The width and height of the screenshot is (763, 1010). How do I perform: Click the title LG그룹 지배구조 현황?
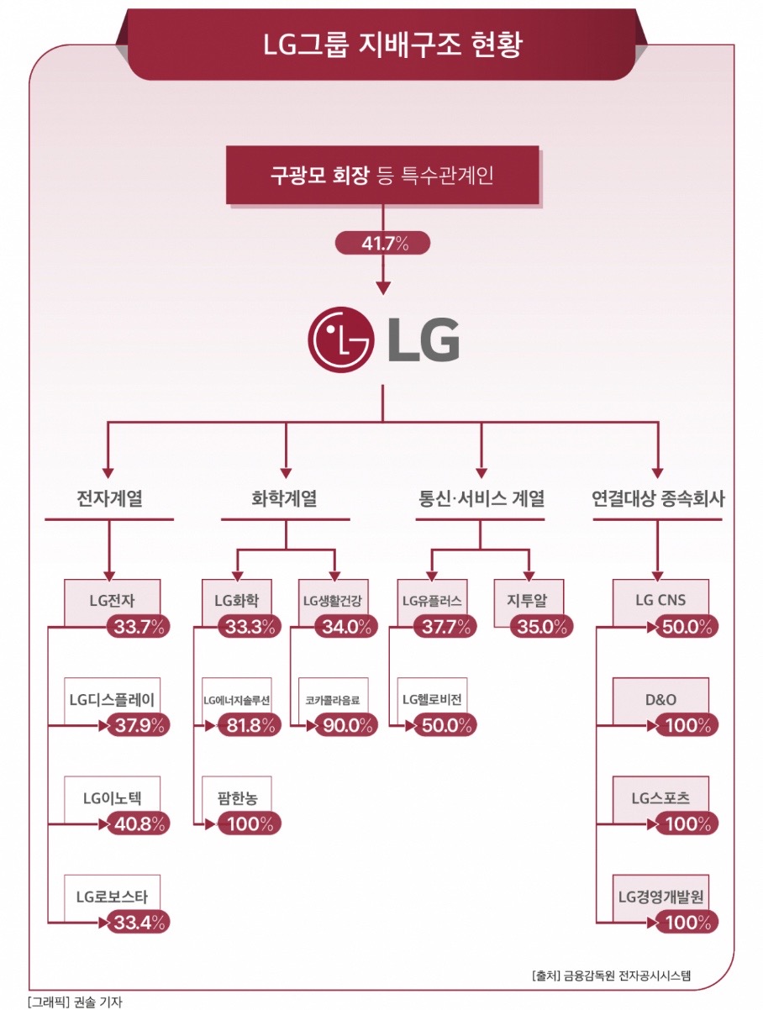tap(381, 45)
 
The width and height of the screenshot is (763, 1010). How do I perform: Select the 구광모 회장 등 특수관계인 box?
tap(381, 176)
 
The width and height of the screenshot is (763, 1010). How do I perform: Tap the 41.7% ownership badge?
tap(382, 244)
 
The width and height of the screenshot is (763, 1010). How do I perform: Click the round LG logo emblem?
tap(341, 339)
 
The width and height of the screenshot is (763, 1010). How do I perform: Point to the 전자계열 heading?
tap(108, 498)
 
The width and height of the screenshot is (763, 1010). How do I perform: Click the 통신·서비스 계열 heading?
tap(481, 498)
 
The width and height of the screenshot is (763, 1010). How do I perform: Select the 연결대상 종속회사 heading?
tap(658, 498)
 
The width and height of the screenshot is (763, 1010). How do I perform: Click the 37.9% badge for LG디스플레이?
tap(139, 725)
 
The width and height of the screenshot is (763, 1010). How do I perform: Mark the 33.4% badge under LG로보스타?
tap(139, 922)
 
